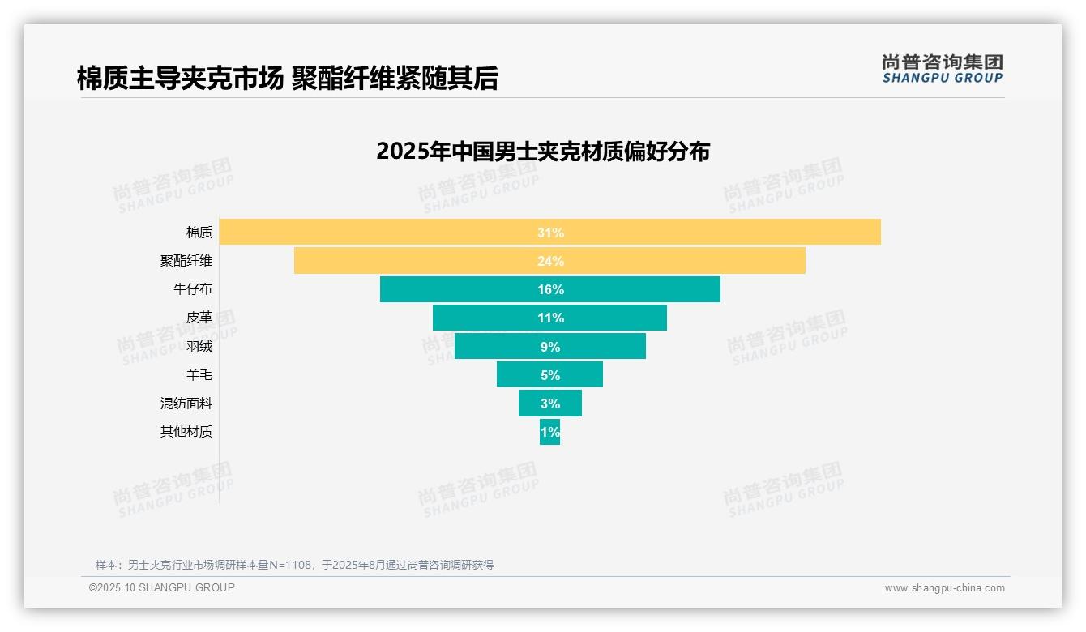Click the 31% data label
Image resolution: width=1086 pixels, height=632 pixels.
coord(550,233)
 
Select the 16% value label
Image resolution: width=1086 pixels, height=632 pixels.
coord(550,289)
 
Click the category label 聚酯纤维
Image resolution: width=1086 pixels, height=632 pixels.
coord(186,261)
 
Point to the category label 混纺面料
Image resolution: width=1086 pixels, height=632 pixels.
coord(186,403)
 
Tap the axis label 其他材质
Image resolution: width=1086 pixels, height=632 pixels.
coord(186,431)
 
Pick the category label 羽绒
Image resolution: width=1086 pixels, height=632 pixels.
coord(199,346)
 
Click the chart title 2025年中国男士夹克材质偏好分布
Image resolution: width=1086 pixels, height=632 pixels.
coord(543,152)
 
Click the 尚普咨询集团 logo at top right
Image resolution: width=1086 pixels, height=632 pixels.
coord(942,68)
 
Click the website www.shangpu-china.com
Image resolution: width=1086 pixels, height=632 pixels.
coord(944,588)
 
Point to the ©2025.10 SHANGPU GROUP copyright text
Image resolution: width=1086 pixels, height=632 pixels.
coord(162,587)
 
